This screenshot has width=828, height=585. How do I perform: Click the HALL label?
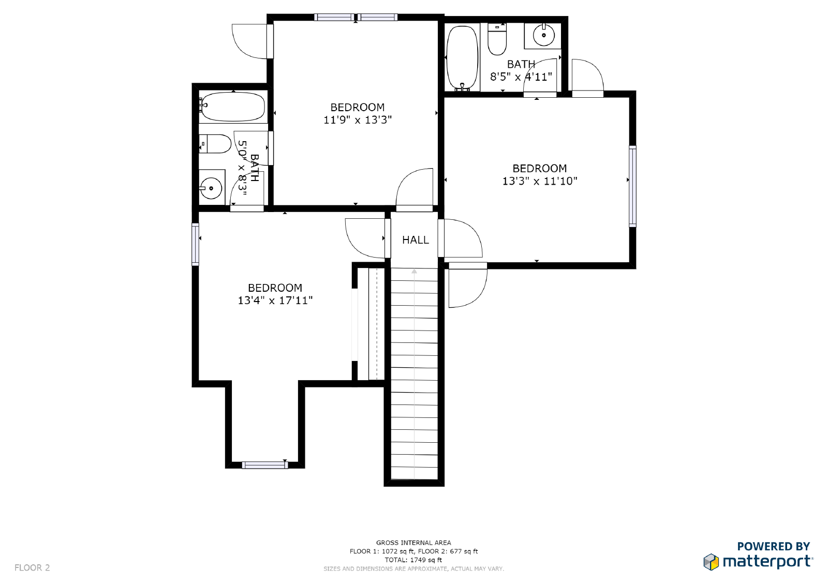coord(416,240)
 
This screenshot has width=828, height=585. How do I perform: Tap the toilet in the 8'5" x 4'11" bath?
coord(497,39)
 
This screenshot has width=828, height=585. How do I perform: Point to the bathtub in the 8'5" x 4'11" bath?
coord(462,58)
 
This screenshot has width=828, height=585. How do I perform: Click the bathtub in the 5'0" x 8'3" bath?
coord(232,107)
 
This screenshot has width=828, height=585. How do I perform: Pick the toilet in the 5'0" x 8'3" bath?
coord(215,144)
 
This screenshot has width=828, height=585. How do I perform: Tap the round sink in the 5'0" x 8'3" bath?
coord(211,188)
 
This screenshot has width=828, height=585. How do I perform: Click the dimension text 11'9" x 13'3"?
coord(358,120)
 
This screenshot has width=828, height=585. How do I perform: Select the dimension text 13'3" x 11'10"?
coord(540,181)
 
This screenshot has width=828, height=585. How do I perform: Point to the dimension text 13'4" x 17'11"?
coord(275,301)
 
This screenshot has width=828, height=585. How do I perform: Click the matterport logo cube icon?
coord(711,562)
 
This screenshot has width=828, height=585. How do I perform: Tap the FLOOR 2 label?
coord(32,567)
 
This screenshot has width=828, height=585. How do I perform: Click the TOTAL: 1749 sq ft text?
coord(413,560)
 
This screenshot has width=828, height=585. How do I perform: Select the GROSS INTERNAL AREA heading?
coord(413,543)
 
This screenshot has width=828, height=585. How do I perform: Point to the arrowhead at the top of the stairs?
coord(415,271)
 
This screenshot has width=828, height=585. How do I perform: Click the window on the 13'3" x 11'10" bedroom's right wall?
coord(632,186)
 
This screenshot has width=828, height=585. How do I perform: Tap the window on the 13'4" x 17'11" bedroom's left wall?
coord(195,244)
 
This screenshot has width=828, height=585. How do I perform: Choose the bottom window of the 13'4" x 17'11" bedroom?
coord(264,466)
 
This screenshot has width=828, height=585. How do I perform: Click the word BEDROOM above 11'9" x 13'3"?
coord(358,108)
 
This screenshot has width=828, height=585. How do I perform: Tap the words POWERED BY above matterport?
coord(773,546)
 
